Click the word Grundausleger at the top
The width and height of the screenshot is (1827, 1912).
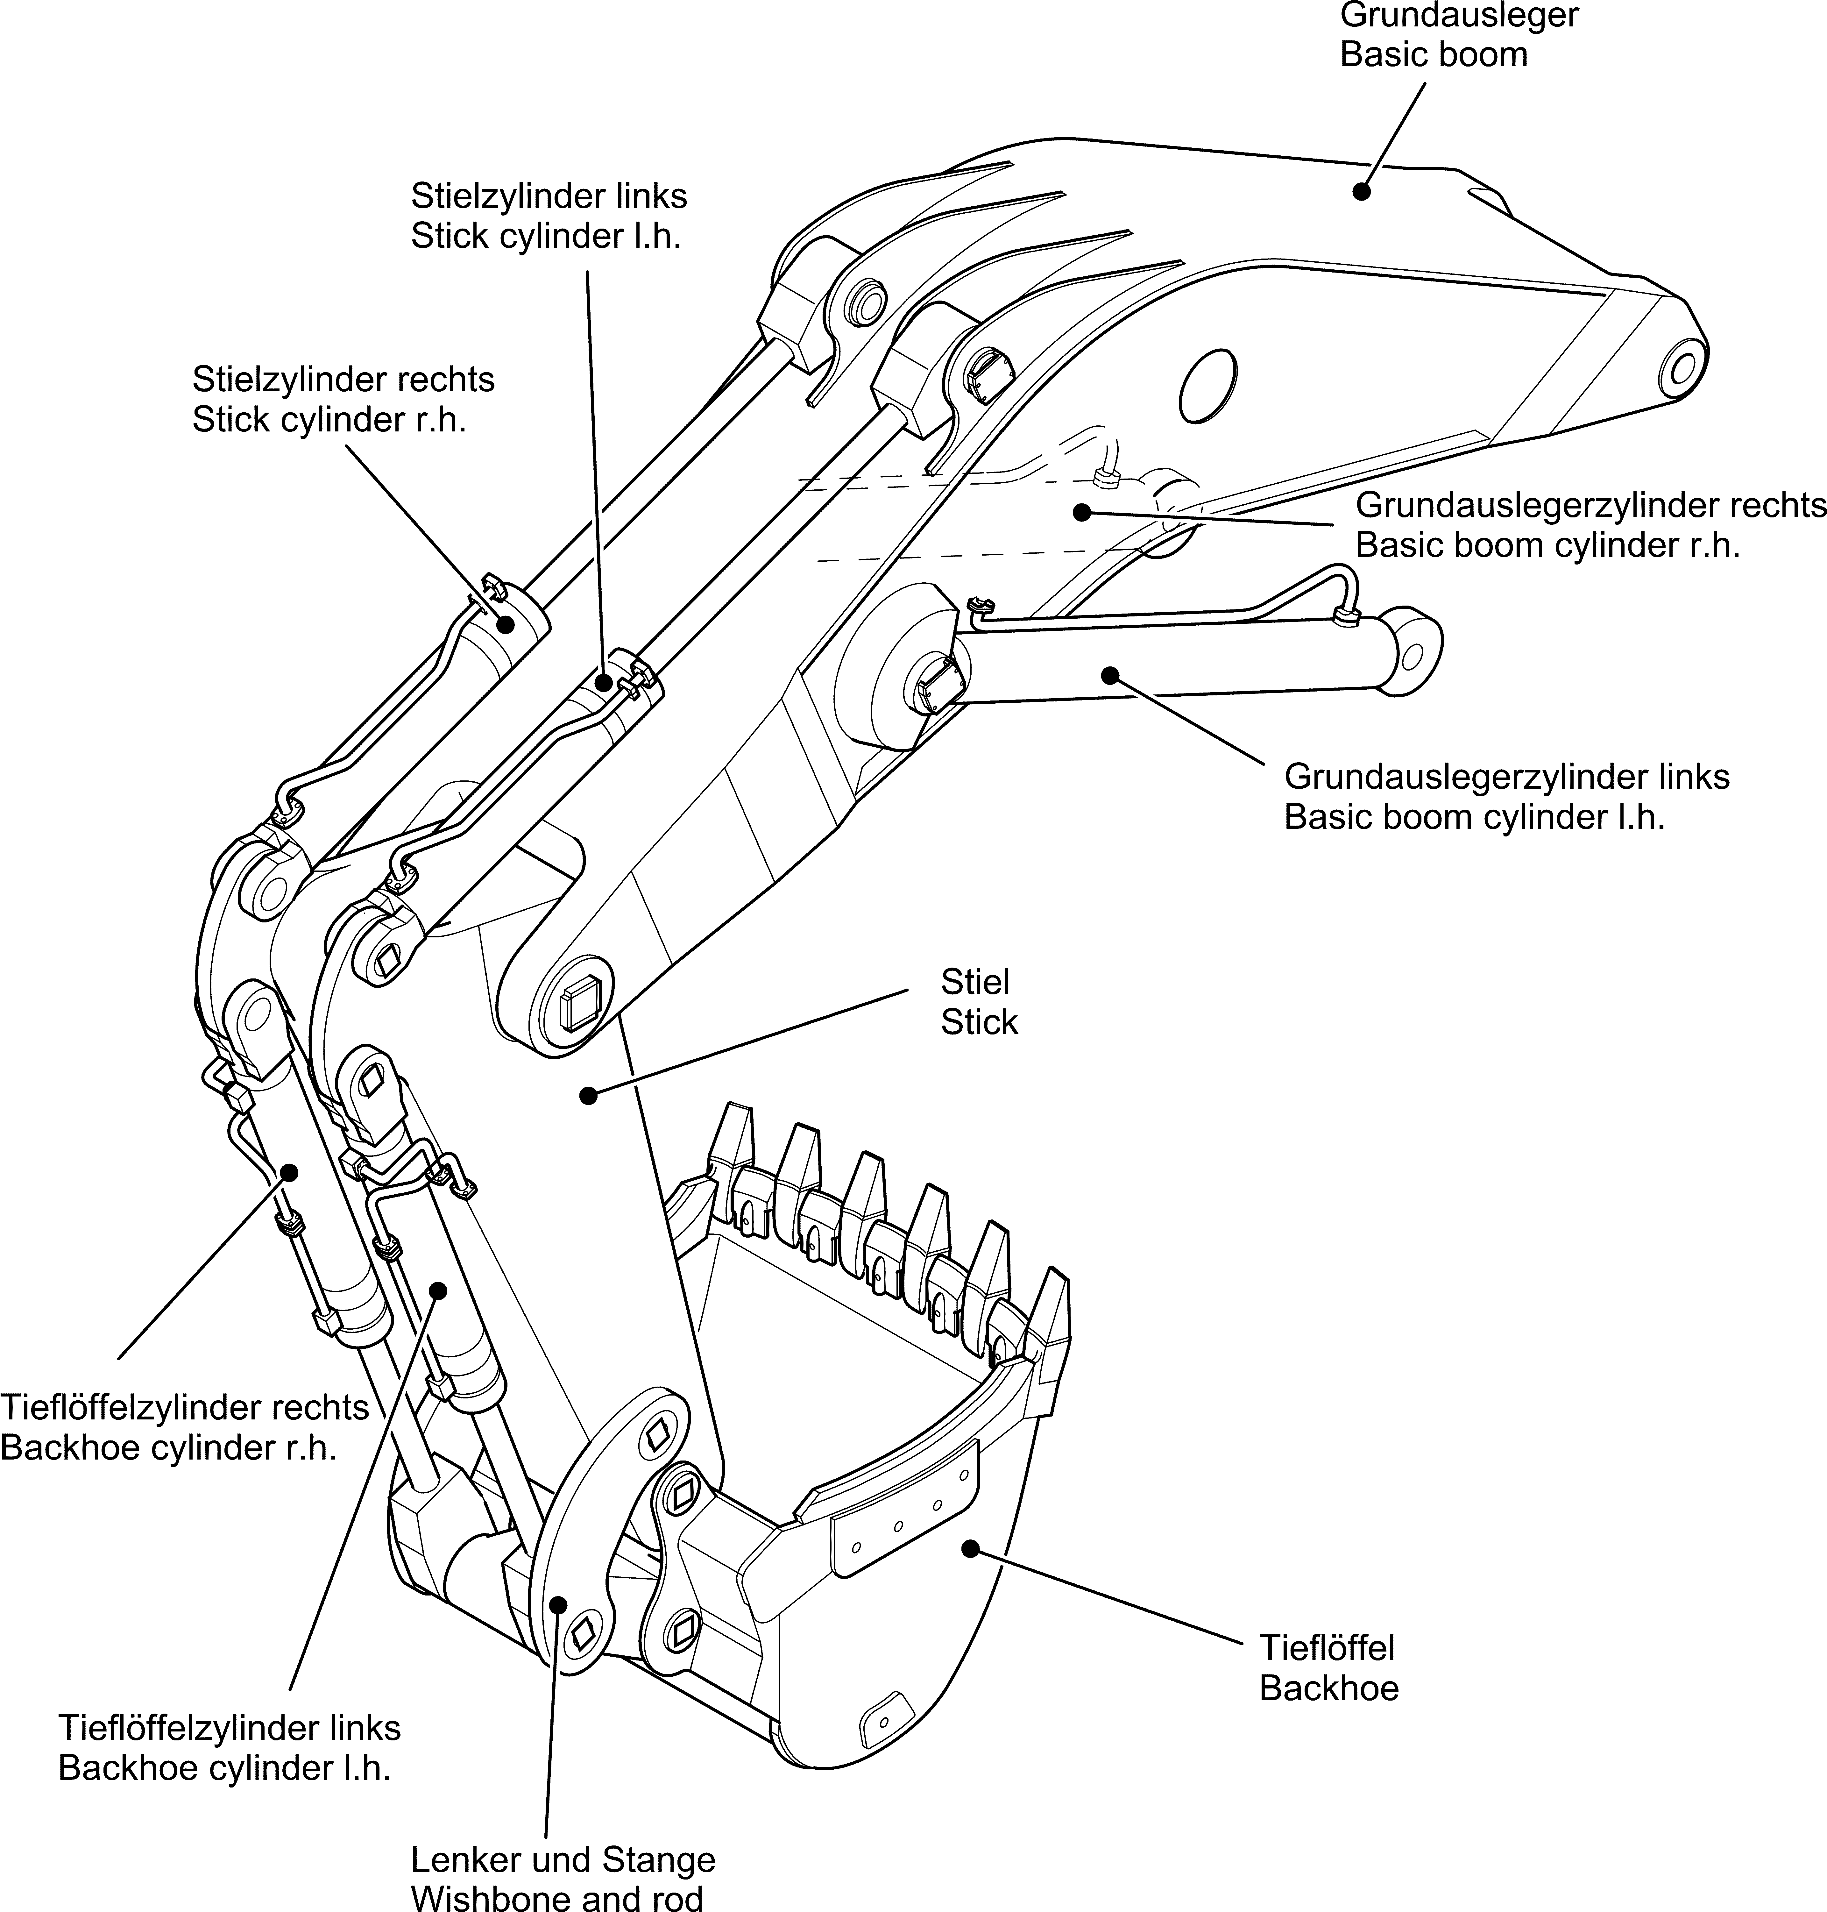point(1458,16)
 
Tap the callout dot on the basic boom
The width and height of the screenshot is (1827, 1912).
point(1362,192)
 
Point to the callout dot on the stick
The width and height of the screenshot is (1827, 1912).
point(587,1096)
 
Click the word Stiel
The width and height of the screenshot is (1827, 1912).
point(975,981)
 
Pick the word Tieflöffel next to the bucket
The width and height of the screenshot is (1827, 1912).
point(1327,1648)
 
